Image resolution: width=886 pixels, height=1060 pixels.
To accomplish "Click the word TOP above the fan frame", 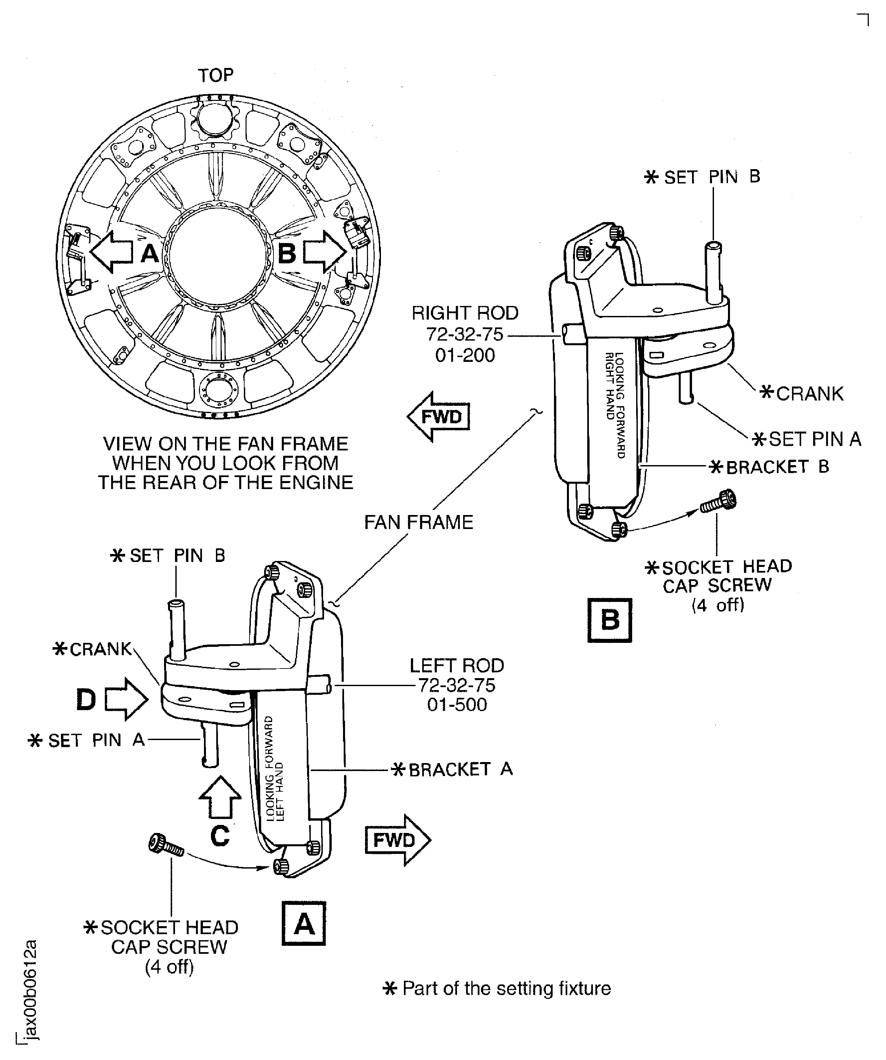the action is point(216,76).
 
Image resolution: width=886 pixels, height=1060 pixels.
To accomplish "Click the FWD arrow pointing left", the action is point(438,417).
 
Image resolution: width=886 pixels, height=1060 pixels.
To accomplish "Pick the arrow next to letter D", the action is point(126,699).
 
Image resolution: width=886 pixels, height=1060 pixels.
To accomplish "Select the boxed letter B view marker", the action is point(610,620).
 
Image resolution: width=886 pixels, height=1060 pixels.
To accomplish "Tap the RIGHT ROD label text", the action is point(465,314).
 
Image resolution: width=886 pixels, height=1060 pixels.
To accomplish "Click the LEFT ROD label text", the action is point(456,666).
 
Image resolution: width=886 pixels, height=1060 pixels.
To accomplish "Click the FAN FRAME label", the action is point(419,522).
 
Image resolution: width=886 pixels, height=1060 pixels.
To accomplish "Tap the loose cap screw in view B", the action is point(718,502).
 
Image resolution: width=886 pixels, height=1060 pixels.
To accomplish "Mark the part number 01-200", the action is point(465,355).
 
